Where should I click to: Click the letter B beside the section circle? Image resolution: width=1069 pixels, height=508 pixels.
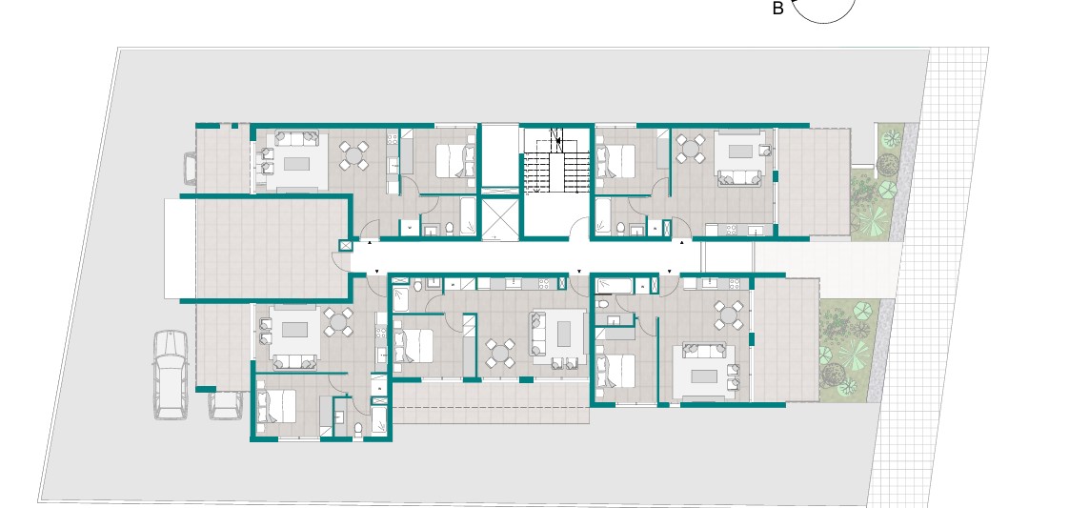click(777, 9)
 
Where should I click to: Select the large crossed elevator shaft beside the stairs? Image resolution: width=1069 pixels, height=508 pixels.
click(500, 217)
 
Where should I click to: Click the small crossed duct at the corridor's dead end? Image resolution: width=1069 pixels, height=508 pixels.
click(345, 246)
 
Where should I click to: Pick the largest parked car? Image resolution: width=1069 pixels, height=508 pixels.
click(171, 374)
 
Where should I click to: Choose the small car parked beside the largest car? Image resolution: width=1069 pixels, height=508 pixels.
click(225, 405)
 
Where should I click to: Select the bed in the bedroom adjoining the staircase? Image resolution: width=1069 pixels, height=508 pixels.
click(615, 162)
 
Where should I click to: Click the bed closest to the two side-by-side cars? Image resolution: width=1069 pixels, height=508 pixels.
click(276, 406)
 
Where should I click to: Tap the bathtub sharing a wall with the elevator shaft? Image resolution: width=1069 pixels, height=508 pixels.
click(468, 215)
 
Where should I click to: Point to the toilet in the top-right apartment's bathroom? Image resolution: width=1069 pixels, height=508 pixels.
click(620, 228)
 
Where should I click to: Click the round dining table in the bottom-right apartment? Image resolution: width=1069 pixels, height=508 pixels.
click(728, 315)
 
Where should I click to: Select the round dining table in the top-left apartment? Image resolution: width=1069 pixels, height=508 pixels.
click(353, 155)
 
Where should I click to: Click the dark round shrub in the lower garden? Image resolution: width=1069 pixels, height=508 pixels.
click(833, 374)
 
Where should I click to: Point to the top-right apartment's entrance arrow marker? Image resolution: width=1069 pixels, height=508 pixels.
click(682, 242)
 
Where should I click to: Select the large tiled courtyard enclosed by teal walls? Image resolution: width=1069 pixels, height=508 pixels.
click(272, 248)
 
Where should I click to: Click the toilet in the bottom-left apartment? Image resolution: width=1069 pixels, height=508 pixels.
click(358, 428)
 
